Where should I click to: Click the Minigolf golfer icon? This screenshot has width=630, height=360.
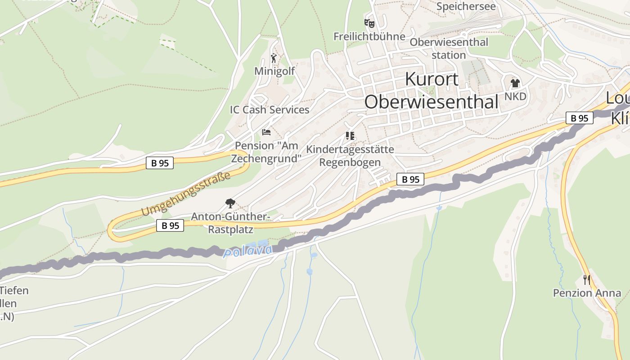(x=274, y=58)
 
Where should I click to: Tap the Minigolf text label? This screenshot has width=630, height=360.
(x=274, y=71)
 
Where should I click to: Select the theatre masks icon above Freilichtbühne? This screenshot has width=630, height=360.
(x=369, y=23)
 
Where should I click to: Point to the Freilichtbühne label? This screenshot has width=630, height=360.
(x=369, y=36)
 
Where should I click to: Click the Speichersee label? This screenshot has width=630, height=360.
(x=466, y=6)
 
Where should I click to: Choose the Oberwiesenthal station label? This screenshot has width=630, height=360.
(x=449, y=49)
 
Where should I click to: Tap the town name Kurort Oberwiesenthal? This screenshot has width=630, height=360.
(x=432, y=90)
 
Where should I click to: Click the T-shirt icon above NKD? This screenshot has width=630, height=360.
(x=515, y=83)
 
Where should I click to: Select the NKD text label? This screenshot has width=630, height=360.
(x=515, y=97)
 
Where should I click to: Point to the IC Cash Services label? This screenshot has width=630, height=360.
(x=270, y=110)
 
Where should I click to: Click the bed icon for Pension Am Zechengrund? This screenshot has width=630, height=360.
(x=266, y=132)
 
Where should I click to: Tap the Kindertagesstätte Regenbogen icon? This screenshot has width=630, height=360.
(x=350, y=135)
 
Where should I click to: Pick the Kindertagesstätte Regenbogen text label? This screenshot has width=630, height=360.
(x=350, y=156)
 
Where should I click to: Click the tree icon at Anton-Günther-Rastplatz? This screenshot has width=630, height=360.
(x=230, y=203)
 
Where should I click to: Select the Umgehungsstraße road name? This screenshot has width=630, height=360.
(x=186, y=193)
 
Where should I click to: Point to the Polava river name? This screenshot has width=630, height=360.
(x=247, y=251)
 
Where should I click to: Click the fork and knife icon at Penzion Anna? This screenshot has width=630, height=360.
(x=586, y=280)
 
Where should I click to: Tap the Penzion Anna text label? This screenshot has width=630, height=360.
(x=587, y=293)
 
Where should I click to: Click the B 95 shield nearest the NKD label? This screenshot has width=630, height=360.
(x=579, y=118)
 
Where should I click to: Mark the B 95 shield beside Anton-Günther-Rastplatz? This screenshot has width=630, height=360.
(x=170, y=225)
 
